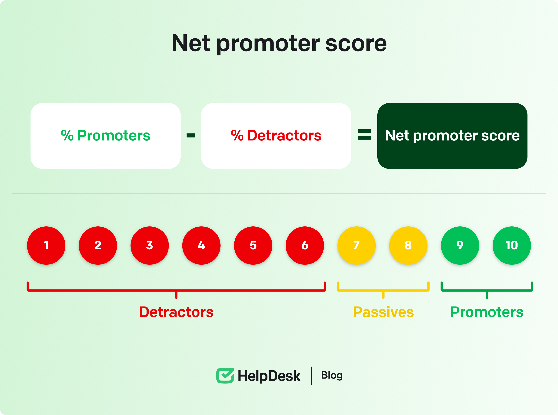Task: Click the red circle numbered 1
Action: tap(46, 245)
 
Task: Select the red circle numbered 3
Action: tap(150, 245)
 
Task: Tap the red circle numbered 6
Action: tap(305, 245)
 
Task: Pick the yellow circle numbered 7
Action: tap(357, 245)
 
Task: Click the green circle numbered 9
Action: tap(460, 245)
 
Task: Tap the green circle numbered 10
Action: tap(512, 245)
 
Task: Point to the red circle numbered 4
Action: tap(201, 245)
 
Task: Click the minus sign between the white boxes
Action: tap(191, 136)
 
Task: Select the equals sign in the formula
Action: tap(364, 134)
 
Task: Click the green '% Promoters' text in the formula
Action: tap(106, 136)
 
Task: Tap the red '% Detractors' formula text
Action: tap(276, 136)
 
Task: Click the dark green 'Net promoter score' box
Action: tap(452, 136)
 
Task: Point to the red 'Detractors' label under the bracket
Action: tap(176, 312)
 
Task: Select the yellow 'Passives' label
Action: tap(383, 312)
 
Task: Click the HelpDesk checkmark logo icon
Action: tap(225, 376)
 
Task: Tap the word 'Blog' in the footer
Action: tap(332, 375)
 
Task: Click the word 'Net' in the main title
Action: tap(191, 43)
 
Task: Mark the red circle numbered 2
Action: tap(98, 245)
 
